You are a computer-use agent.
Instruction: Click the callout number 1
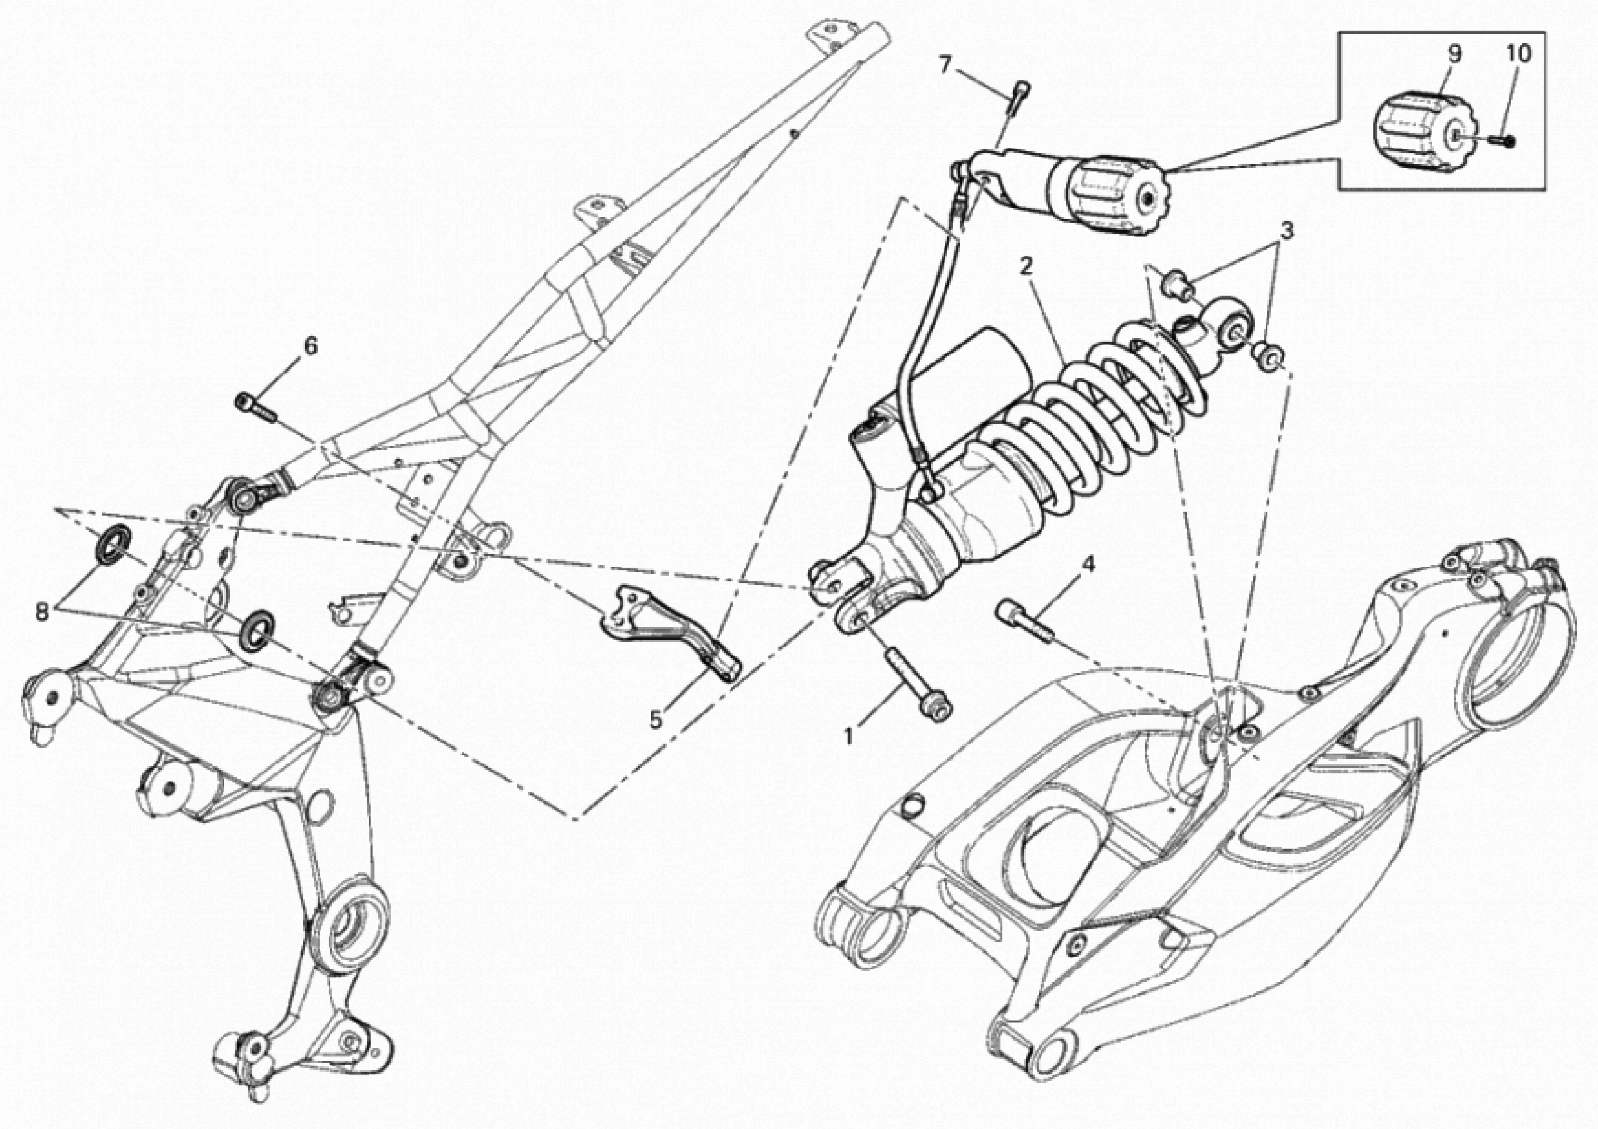click(x=848, y=734)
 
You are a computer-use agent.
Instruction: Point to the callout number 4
click(x=1088, y=564)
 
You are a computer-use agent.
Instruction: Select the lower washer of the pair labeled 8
click(x=257, y=629)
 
